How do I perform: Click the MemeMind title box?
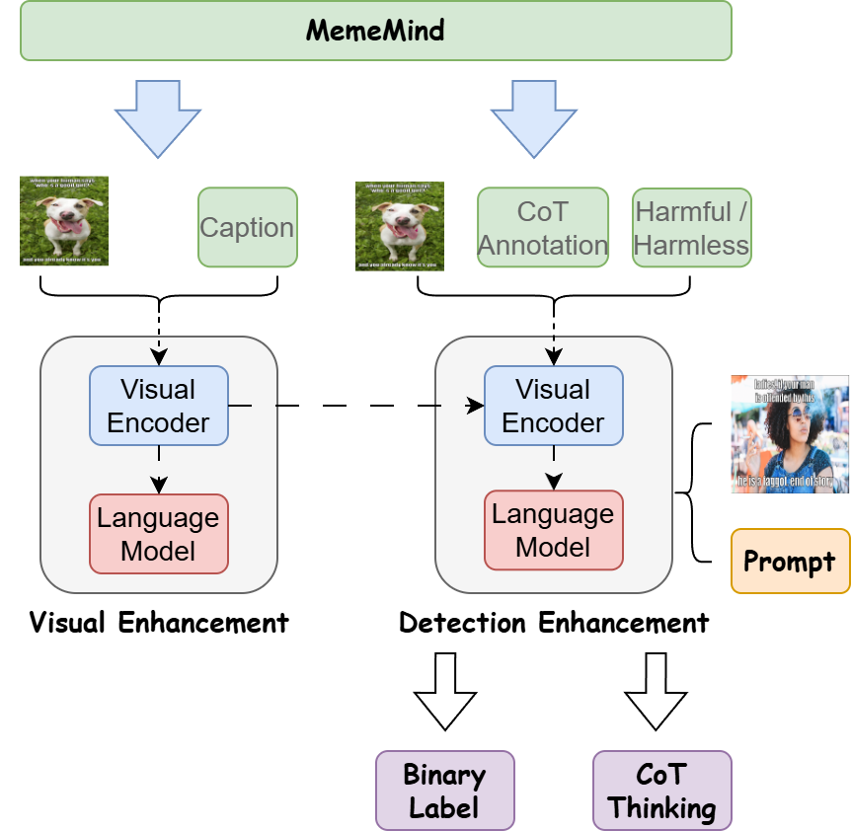375,31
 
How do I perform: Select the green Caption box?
248,227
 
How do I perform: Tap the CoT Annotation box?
543,227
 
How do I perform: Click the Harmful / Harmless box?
691,227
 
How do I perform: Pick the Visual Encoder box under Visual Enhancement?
159,406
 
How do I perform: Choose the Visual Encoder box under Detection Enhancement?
554,406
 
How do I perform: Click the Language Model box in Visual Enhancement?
159,534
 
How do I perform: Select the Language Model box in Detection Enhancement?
554,530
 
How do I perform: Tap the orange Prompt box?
790,562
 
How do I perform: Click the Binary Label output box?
445,791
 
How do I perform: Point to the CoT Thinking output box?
662,791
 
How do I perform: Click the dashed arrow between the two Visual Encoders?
355,406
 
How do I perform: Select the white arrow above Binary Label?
445,691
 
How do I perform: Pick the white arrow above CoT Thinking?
657,691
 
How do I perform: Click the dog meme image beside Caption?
64,221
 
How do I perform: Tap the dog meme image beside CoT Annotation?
400,226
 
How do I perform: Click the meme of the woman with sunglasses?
790,434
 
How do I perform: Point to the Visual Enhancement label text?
159,623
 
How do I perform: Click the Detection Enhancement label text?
554,623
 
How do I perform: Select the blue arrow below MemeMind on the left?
158,117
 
